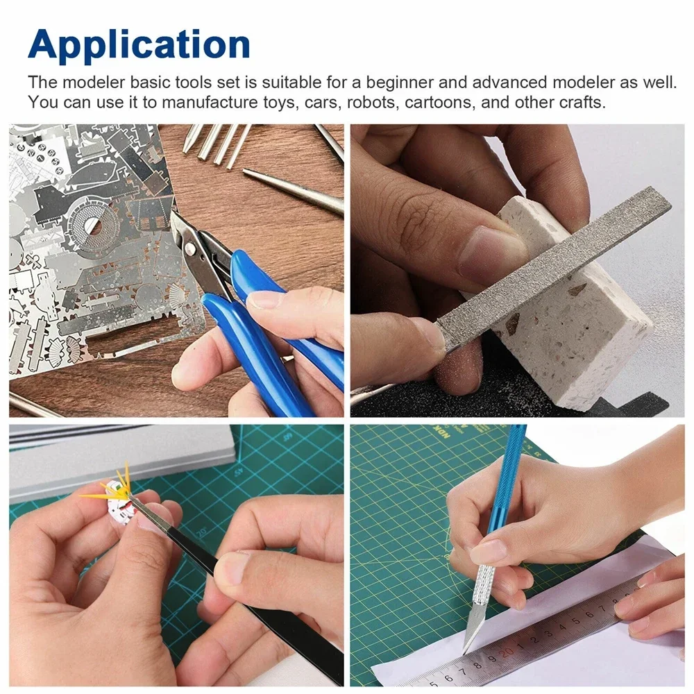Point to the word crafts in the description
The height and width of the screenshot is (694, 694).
coord(581,102)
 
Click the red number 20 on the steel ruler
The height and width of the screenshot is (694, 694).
coord(507,650)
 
